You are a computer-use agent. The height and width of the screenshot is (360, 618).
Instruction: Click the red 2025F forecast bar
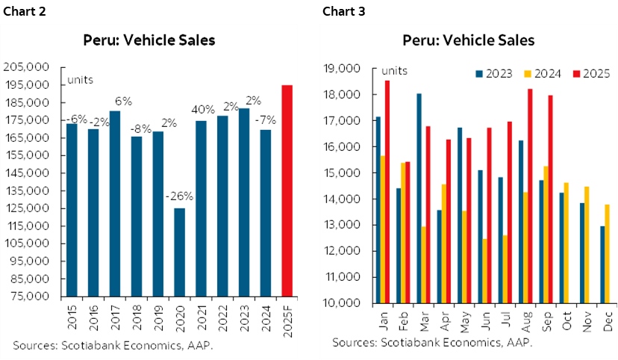(287, 190)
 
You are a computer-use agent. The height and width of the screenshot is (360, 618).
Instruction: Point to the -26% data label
(179, 197)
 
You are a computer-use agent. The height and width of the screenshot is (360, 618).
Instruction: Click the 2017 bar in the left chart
(114, 203)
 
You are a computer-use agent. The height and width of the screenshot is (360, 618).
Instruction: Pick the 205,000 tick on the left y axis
(27, 66)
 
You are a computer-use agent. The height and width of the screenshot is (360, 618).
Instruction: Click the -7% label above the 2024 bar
(265, 120)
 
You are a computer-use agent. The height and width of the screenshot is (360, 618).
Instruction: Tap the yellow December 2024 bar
(607, 253)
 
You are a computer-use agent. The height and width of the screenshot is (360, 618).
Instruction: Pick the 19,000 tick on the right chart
(346, 69)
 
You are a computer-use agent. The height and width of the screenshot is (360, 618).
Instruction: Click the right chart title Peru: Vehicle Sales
(468, 40)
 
